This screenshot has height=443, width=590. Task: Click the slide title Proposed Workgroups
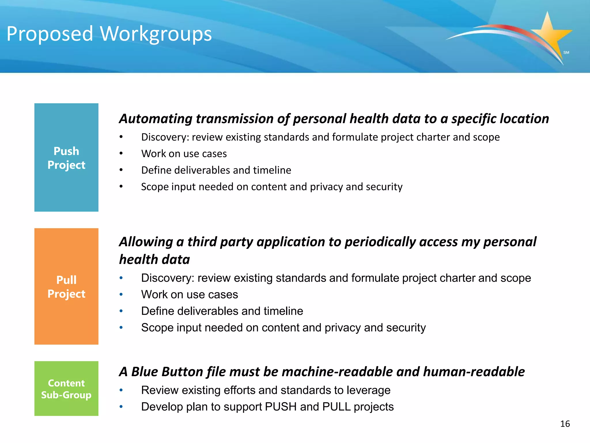click(109, 34)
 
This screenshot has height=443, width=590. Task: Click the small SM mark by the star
click(566, 52)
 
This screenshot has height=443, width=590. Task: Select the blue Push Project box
click(66, 157)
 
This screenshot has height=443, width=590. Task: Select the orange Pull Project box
click(66, 286)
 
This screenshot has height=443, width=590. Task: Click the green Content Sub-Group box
click(66, 388)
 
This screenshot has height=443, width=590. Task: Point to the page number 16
click(565, 424)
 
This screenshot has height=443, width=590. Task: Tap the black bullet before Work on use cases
click(121, 153)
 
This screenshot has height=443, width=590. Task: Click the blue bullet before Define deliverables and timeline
click(121, 311)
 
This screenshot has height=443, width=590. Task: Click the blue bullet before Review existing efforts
click(121, 390)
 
